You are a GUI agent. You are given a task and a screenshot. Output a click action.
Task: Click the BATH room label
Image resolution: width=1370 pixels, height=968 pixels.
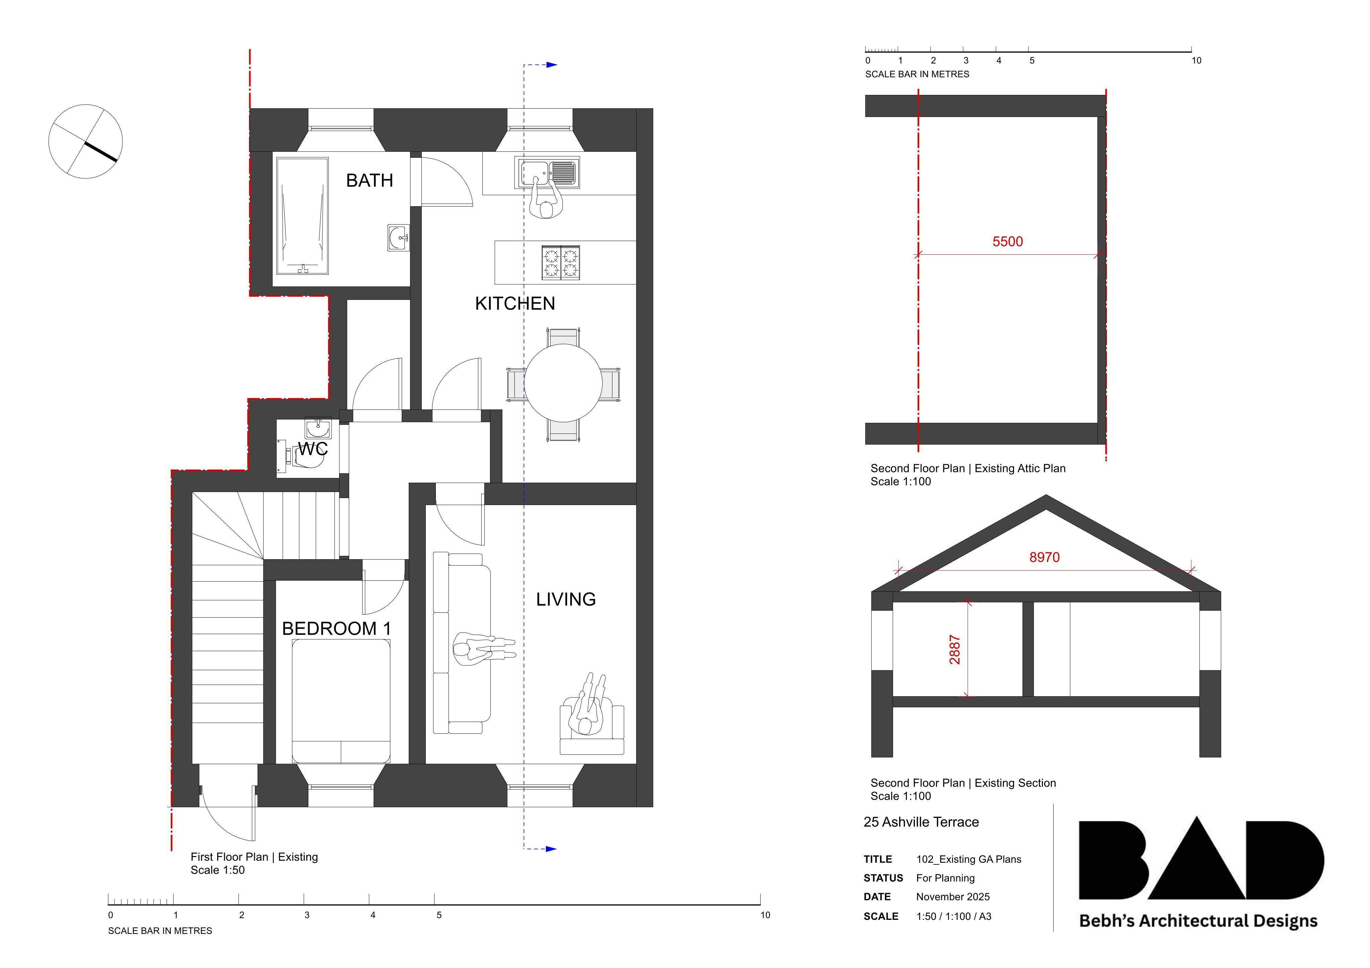pos(369,180)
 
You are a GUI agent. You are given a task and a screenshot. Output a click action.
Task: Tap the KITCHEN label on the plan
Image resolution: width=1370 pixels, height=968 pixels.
pos(515,304)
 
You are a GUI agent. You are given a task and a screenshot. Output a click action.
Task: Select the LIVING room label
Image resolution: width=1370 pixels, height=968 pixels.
pos(566,599)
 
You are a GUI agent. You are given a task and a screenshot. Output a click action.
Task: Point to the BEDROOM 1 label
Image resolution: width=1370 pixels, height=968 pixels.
pos(336,629)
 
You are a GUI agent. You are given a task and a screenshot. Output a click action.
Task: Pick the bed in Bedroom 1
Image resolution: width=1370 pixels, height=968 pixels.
pos(341,701)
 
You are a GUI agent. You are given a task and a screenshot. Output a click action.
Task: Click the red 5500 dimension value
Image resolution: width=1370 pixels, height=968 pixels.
pos(1007,242)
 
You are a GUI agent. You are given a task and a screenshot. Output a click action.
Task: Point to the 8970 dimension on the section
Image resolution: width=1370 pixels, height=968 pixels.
pos(1044,557)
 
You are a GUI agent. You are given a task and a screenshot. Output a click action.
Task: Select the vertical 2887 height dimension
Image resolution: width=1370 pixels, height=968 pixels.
pos(955,649)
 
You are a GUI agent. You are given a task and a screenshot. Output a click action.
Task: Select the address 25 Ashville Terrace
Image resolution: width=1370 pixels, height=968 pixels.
pos(921,822)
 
